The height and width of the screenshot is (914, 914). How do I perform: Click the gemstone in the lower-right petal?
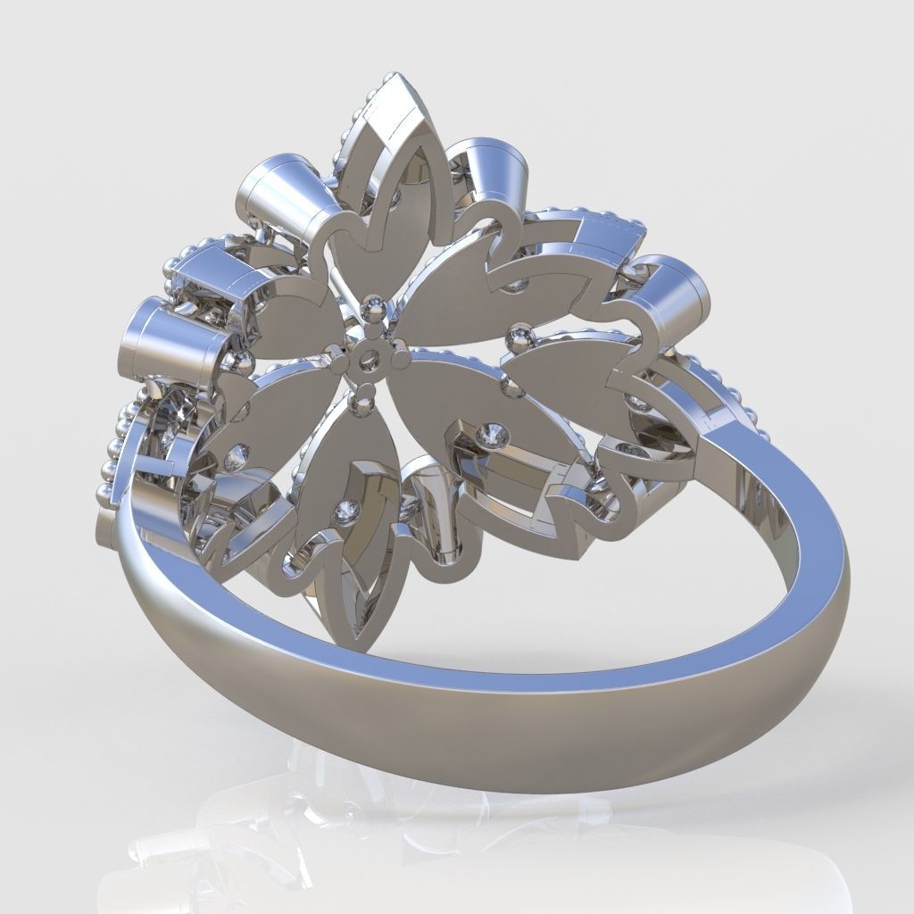coord(490,435)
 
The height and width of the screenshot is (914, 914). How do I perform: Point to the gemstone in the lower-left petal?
coord(237,458)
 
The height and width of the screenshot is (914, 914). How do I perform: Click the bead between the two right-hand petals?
coord(516,337)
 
